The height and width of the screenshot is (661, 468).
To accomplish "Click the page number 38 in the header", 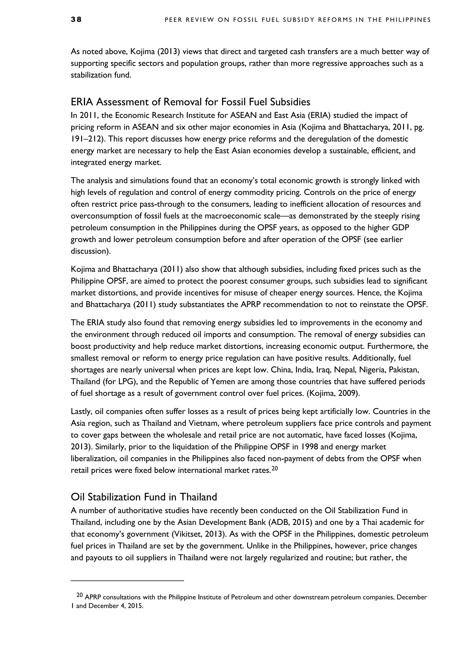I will [76, 20].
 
